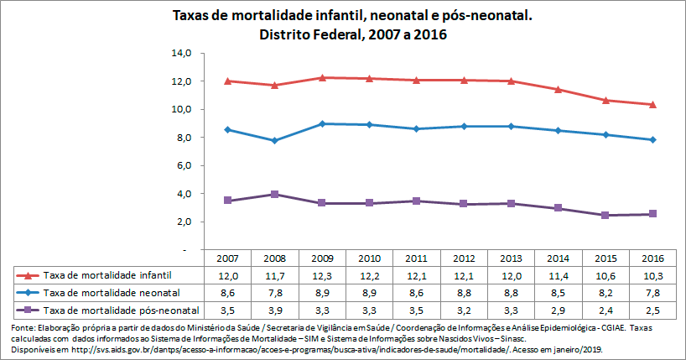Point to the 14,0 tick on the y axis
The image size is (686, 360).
coord(182,53)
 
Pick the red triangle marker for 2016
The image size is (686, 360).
coord(652,104)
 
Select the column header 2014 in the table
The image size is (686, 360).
coord(558,258)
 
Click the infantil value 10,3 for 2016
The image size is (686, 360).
coord(652,275)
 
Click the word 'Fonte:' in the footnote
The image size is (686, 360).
coord(24,326)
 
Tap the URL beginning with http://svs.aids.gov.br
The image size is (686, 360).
coord(278,348)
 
